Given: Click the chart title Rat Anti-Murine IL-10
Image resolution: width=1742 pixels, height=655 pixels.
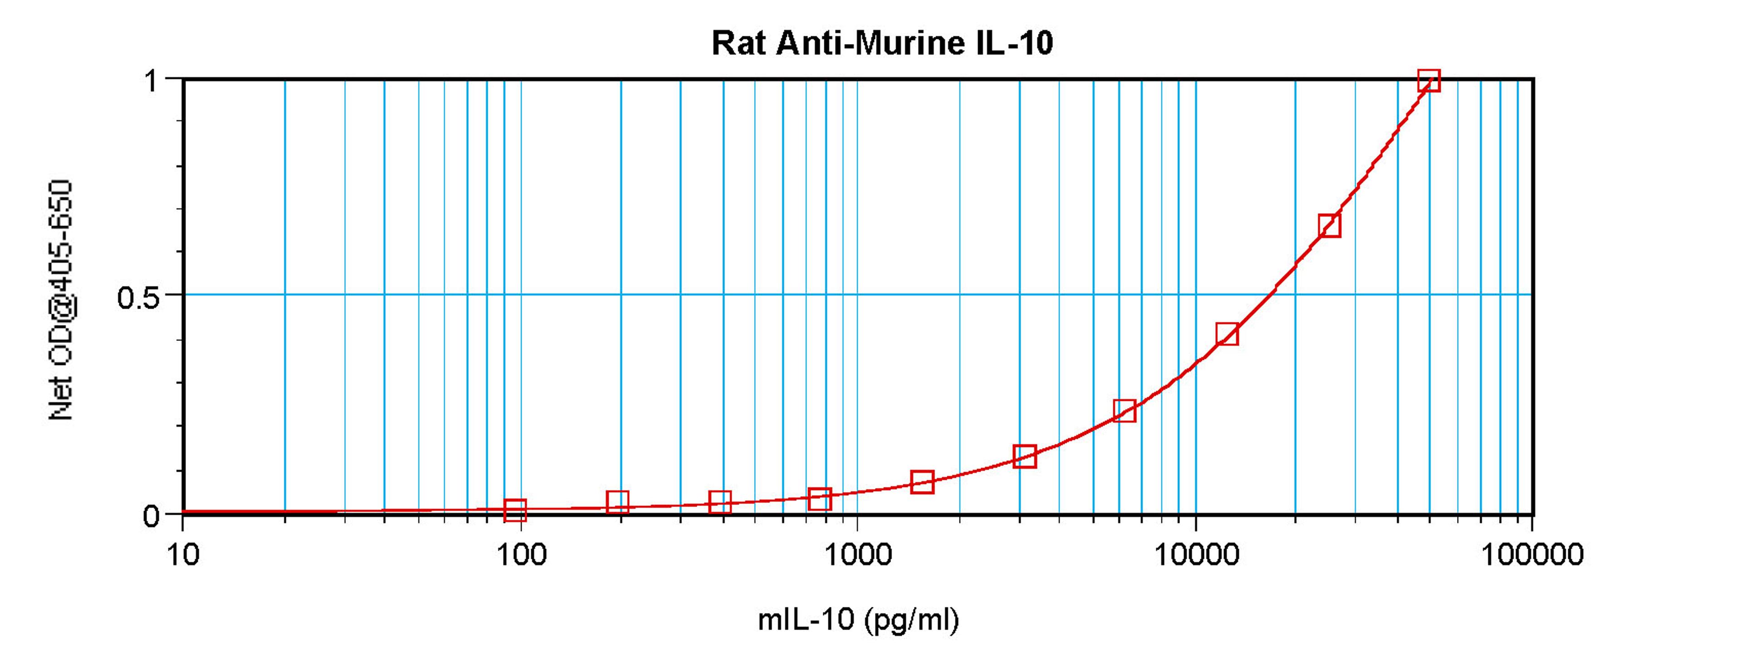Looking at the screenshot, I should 882,43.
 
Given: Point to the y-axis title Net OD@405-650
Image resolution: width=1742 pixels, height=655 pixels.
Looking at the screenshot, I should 61,299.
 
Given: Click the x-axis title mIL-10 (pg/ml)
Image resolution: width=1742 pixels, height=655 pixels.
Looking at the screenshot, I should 857,619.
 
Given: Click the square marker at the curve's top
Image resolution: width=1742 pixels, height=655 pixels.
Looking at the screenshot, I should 1428,80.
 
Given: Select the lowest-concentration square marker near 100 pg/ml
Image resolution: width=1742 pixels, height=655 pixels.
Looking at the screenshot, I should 515,510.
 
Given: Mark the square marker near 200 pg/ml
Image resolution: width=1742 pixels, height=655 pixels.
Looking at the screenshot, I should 617,502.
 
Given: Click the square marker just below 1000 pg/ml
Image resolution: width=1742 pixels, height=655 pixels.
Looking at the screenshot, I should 820,499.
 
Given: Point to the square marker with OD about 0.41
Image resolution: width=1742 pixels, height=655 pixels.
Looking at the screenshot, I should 1227,334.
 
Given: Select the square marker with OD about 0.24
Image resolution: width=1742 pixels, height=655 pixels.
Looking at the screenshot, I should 1124,410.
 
